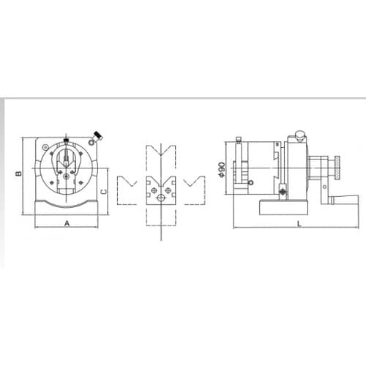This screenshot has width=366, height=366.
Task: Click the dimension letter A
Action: click(67, 223)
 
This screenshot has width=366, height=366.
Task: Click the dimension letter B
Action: click(18, 173)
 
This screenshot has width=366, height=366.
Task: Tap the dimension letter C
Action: click(104, 192)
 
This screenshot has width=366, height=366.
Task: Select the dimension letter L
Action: click(299, 223)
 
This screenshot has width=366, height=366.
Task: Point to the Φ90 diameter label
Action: click(222, 169)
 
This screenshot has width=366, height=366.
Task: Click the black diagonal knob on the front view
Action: click(98, 135)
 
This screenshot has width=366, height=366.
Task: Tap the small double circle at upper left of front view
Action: click(45, 147)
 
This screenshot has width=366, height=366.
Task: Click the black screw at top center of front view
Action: click(66, 141)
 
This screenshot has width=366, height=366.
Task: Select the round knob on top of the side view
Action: click(299, 135)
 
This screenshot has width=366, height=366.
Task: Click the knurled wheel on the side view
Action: click(337, 168)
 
